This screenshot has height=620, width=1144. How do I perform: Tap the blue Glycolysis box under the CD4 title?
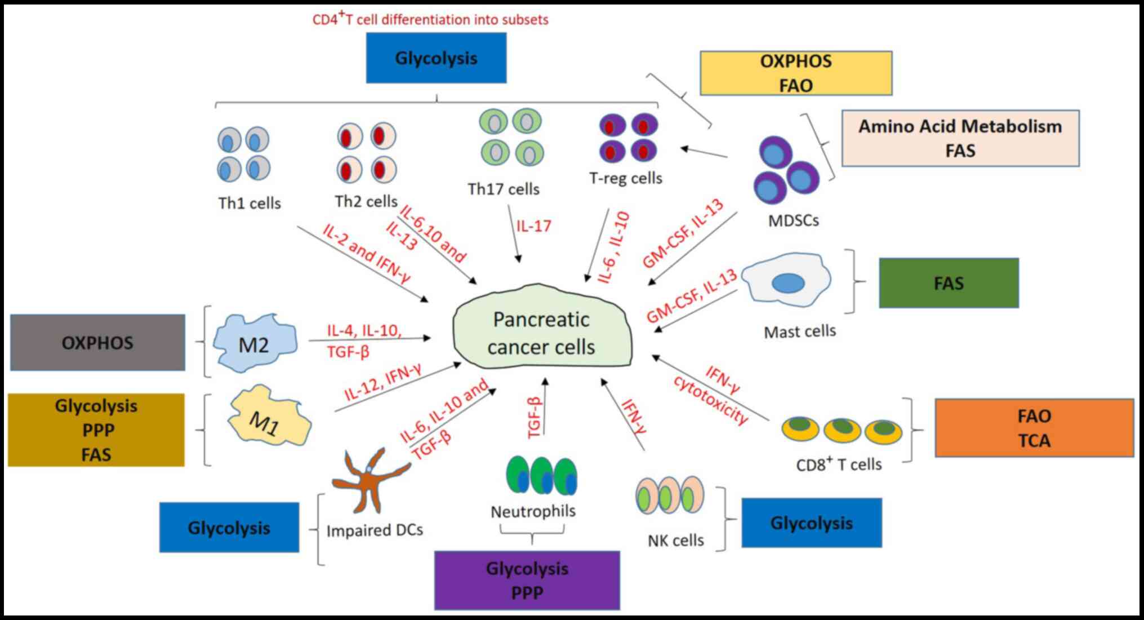pyautogui.click(x=436, y=58)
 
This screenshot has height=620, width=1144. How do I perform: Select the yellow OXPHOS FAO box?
pyautogui.click(x=795, y=73)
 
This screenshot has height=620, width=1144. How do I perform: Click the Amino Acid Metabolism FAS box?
pyautogui.click(x=960, y=138)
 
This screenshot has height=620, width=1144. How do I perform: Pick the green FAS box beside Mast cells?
pyautogui.click(x=949, y=283)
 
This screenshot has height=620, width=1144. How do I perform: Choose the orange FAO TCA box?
pyautogui.click(x=1034, y=428)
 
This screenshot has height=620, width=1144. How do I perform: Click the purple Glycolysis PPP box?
pyautogui.click(x=527, y=581)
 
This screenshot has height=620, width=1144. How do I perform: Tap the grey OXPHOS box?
pyautogui.click(x=97, y=343)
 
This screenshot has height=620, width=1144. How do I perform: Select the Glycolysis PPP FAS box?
pyautogui.click(x=96, y=430)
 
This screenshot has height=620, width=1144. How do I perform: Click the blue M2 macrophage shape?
pyautogui.click(x=255, y=343)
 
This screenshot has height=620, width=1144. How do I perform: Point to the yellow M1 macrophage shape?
pyautogui.click(x=269, y=417)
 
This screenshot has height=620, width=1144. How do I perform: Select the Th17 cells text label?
pyautogui.click(x=503, y=189)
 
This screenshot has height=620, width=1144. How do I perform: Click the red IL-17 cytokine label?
pyautogui.click(x=533, y=226)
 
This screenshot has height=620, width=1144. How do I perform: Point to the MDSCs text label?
pyautogui.click(x=793, y=220)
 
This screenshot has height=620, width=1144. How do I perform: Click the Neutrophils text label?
pyautogui.click(x=533, y=511)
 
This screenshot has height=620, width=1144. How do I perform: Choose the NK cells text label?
pyautogui.click(x=675, y=541)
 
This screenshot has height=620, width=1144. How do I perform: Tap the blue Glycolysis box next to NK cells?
pyautogui.click(x=811, y=523)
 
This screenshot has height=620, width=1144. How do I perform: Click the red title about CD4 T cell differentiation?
pyautogui.click(x=430, y=19)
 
